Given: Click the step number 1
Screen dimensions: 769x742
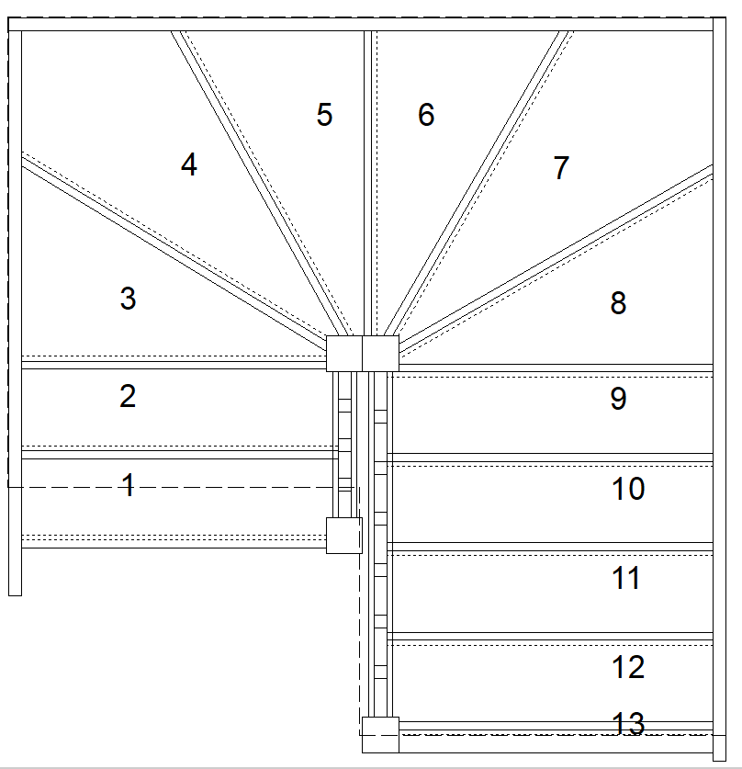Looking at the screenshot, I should click(129, 485).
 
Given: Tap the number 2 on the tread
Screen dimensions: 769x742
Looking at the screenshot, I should click(128, 396).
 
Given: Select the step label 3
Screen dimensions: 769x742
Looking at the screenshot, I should click(128, 299).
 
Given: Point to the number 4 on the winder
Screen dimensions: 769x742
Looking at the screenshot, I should click(188, 165).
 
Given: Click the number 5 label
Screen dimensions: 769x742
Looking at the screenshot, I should click(324, 115).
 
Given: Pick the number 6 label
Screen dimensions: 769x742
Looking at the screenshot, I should click(426, 115).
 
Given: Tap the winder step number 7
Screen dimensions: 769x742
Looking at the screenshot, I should click(561, 168).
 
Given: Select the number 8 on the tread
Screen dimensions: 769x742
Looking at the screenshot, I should click(618, 302).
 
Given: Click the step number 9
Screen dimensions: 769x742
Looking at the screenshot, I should click(618, 399).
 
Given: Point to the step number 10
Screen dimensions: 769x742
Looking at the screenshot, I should click(628, 489).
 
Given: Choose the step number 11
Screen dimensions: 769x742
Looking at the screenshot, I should click(626, 578).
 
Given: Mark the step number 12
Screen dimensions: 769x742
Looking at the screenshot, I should click(628, 667).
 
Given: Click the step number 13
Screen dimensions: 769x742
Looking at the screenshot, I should click(628, 724).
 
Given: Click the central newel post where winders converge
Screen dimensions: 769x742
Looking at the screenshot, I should click(363, 354).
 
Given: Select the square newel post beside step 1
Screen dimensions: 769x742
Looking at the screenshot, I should click(344, 535).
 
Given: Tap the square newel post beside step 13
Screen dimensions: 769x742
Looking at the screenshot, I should click(379, 733).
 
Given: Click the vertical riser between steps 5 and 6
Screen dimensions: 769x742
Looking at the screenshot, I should click(368, 184).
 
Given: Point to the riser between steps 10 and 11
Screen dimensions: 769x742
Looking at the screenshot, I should click(551, 547).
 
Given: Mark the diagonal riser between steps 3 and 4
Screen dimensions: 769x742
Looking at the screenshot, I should click(174, 248).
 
